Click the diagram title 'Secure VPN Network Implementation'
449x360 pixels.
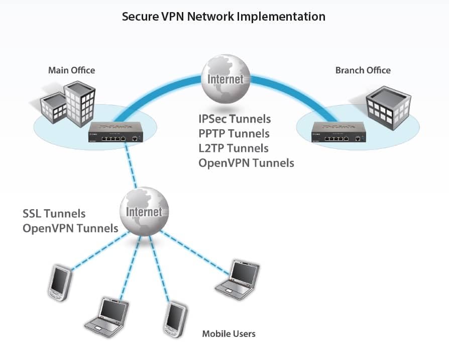(x=223, y=17)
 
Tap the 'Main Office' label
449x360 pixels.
(x=72, y=70)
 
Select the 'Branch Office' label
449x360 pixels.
(x=363, y=70)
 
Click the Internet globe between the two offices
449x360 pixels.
(x=226, y=79)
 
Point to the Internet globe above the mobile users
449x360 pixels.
(x=144, y=212)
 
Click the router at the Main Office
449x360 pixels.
(x=116, y=132)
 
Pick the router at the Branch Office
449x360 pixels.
(x=339, y=132)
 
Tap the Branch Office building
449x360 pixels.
(x=389, y=108)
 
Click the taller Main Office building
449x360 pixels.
(x=80, y=104)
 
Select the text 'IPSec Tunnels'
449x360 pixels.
(x=235, y=119)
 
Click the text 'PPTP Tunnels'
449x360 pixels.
(x=234, y=134)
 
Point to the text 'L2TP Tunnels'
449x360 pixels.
(x=234, y=148)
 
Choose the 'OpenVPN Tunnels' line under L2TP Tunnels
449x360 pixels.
(x=246, y=163)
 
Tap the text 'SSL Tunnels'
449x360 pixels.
(x=54, y=214)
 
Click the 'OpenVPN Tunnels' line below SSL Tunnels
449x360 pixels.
(x=70, y=228)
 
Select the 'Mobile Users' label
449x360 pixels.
(x=229, y=334)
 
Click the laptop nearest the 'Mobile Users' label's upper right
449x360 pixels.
(x=238, y=280)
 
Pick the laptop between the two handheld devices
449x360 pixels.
(x=107, y=317)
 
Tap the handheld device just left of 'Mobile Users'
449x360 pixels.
(x=175, y=320)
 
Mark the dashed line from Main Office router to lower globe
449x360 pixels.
(x=131, y=165)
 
